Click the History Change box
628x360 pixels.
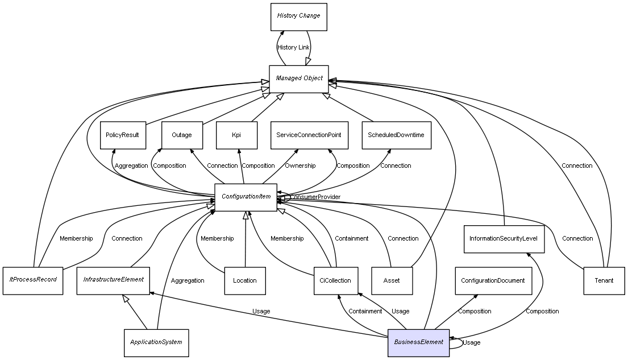298,16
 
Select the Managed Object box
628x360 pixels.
299,78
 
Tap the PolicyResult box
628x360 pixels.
123,135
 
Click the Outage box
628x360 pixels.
182,135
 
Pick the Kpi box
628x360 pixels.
236,135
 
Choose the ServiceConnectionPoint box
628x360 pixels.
309,135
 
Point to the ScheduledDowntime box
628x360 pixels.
396,135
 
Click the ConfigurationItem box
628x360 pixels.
246,197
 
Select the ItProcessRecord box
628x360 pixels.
33,280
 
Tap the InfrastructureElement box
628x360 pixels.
113,280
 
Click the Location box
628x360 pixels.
245,280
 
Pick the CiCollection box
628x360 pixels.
336,280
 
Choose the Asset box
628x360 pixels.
392,280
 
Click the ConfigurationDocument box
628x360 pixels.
493,280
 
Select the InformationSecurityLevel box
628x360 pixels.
504,239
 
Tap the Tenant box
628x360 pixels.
604,280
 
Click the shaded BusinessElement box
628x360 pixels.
418,342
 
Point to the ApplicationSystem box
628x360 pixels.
156,342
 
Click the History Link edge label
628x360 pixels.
293,47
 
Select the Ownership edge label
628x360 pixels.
300,165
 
